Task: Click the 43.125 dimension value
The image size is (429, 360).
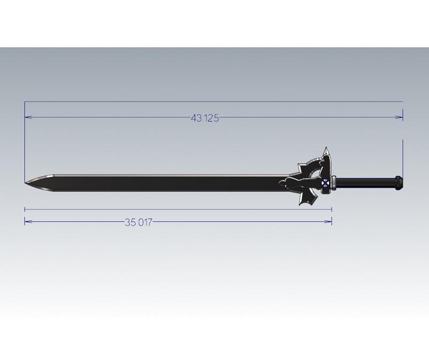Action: pyautogui.click(x=204, y=119)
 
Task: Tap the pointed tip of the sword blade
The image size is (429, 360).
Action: pyautogui.click(x=26, y=183)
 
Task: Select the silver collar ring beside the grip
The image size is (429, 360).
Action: pyautogui.click(x=334, y=182)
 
